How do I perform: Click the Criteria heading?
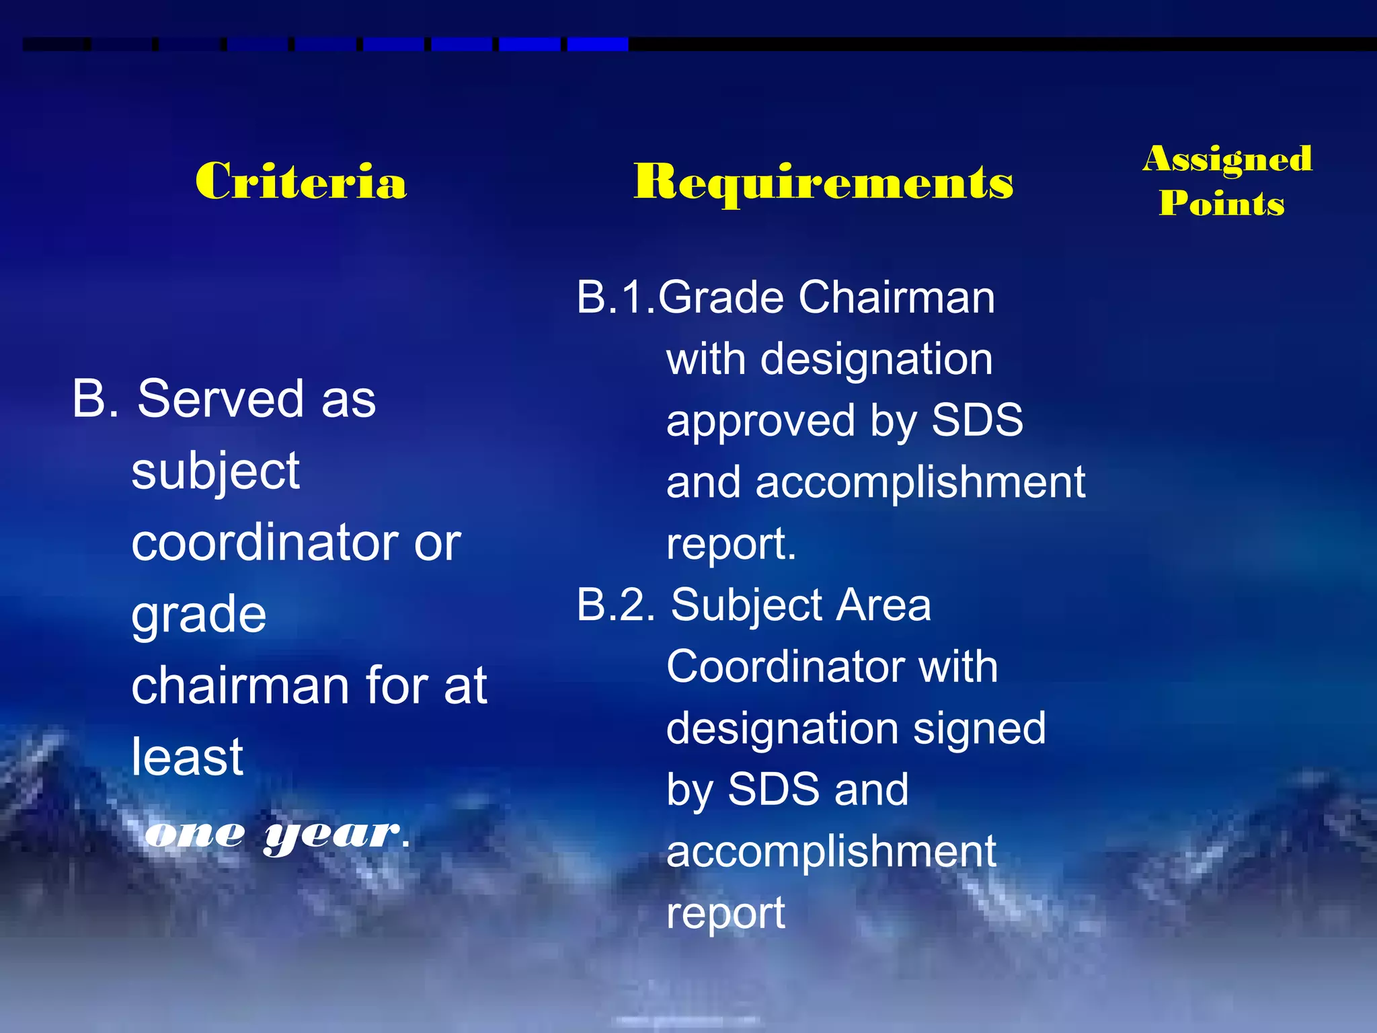click(301, 181)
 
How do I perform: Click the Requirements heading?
click(823, 182)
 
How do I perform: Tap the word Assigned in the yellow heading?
click(1227, 159)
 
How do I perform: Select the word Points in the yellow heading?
click(1222, 203)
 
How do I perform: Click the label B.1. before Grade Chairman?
click(615, 297)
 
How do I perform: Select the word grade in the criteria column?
click(198, 615)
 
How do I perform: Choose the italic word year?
click(331, 835)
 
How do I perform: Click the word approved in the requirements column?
click(760, 422)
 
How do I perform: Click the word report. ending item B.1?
click(731, 543)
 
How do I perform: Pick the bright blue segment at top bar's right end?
click(597, 44)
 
